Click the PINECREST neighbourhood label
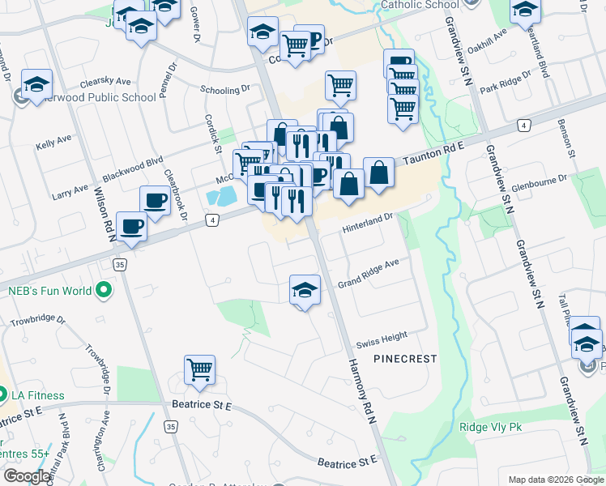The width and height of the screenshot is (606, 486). click(x=405, y=358)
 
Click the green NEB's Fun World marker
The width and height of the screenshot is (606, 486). click(x=104, y=289)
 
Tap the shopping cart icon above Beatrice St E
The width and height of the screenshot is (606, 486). click(x=199, y=370)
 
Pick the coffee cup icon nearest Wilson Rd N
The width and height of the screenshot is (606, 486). click(x=131, y=227)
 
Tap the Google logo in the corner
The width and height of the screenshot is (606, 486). click(x=28, y=475)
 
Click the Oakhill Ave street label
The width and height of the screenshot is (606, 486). click(x=495, y=40)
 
